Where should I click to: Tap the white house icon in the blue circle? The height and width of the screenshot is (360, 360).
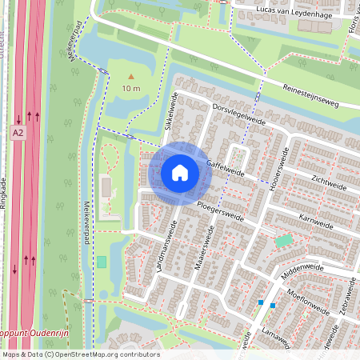point(180,172)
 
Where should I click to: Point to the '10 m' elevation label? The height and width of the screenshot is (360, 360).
point(131,88)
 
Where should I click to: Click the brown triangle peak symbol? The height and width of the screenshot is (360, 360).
point(131,76)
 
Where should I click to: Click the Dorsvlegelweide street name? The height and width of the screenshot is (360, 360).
point(239,117)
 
